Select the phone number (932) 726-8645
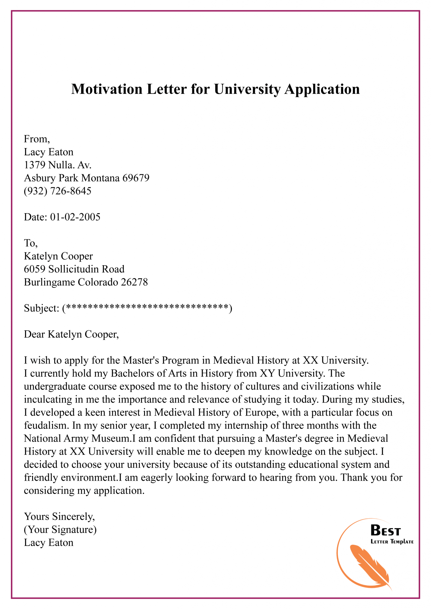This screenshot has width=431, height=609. pos(57,191)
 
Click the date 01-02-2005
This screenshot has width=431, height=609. pos(75,217)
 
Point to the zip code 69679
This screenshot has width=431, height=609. pos(136,178)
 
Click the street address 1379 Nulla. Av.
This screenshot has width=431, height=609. pos(57,165)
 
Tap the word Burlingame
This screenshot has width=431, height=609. pos(49,282)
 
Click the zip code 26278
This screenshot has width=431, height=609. pos(134,282)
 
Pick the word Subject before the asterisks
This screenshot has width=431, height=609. pos(41,308)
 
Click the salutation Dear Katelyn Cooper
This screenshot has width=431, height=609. pos(71,334)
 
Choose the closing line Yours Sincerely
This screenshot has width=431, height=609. pos(59,517)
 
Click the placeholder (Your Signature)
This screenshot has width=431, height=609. pos(60,530)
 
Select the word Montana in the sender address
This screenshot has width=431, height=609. pos(100,178)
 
